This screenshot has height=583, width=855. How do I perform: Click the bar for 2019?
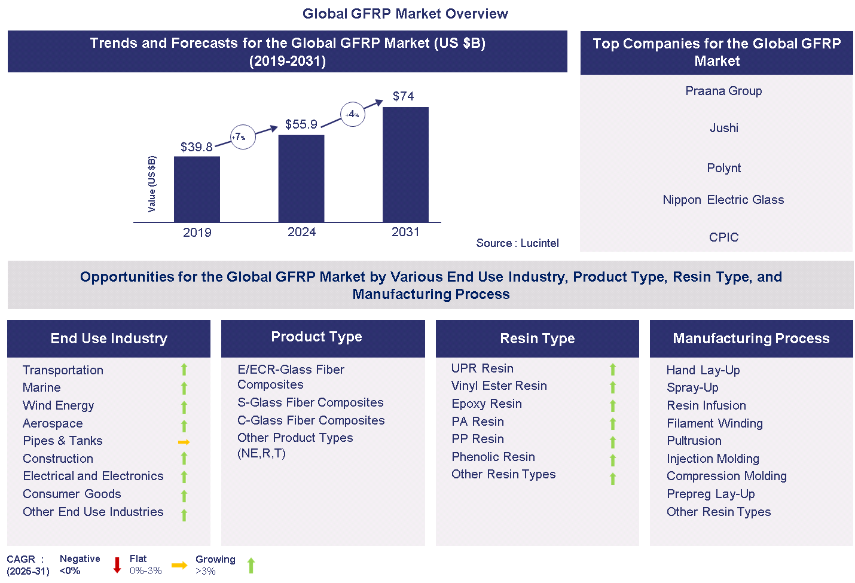tap(197, 189)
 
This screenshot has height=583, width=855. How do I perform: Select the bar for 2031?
tap(405, 164)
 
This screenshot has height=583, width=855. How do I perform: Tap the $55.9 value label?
tap(301, 124)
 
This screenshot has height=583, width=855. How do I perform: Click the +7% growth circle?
tap(243, 137)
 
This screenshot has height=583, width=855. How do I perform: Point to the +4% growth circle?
tap(352, 114)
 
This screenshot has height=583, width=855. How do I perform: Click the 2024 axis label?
tap(301, 232)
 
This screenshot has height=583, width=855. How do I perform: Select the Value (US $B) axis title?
tap(152, 184)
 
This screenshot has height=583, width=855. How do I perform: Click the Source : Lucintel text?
tap(517, 243)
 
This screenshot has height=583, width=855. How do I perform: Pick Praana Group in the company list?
tap(723, 91)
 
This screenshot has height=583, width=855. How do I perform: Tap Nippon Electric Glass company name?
tap(723, 200)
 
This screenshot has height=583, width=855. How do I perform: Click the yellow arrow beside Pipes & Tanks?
tap(184, 442)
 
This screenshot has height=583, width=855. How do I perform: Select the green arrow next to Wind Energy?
tap(184, 407)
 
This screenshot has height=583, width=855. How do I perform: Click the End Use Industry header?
tap(109, 338)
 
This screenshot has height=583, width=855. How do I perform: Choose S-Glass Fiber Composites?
tap(310, 402)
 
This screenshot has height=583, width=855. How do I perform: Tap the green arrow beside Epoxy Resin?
tap(613, 406)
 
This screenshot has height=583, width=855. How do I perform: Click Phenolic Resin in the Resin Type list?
tap(493, 457)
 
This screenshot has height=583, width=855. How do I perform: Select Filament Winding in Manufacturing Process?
tap(714, 423)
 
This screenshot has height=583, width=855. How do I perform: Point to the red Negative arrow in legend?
tap(117, 564)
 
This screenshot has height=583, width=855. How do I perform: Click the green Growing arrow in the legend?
tap(251, 565)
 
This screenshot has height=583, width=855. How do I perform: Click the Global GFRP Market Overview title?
tap(405, 14)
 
